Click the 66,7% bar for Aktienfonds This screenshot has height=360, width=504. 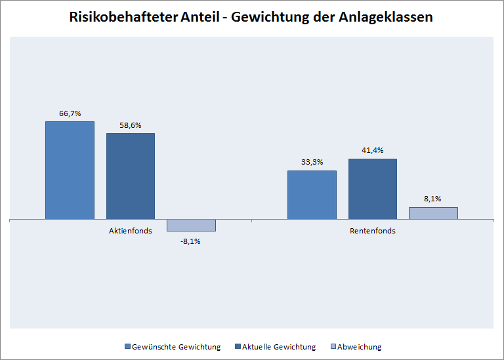[70, 170]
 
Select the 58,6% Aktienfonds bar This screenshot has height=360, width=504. [131, 176]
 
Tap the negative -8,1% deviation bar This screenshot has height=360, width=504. [191, 225]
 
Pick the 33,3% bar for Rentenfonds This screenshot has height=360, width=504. [312, 194]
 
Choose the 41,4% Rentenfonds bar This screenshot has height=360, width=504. [372, 188]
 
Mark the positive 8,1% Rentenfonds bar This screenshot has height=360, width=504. [433, 213]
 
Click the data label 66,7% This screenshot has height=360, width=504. [70, 113]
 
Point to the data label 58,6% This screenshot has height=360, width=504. [131, 125]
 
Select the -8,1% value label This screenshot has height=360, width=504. [191, 241]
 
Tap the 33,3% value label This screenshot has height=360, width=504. [312, 162]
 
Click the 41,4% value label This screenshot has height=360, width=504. [372, 150]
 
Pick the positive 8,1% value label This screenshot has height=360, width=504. [433, 198]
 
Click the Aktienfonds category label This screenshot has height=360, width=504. [131, 231]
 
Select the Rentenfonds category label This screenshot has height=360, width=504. [372, 231]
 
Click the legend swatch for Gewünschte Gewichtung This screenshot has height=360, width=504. [128, 347]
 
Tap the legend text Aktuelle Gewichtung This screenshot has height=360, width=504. [279, 347]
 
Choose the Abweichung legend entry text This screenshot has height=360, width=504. [359, 347]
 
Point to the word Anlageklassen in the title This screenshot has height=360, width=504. [390, 18]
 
